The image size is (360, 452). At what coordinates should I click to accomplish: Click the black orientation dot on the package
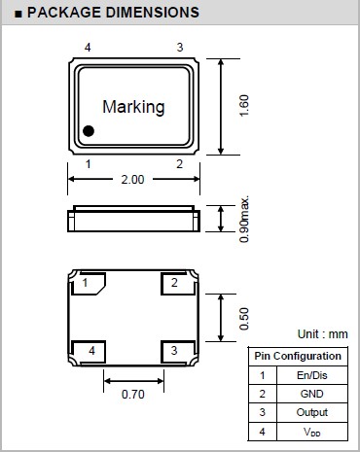[89, 131]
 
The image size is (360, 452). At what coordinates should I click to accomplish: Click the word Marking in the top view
[133, 108]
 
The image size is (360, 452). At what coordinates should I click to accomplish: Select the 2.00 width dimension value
[132, 180]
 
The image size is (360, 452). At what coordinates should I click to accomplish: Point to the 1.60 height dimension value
[243, 106]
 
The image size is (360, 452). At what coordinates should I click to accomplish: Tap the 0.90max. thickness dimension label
[244, 219]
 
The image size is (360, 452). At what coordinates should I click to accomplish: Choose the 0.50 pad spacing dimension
[244, 319]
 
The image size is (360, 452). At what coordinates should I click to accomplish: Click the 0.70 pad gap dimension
[133, 395]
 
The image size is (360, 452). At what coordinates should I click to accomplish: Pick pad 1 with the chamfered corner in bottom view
[88, 284]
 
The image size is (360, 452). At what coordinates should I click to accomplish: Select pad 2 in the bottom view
[178, 284]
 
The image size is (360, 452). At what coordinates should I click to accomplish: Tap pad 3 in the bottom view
[178, 352]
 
